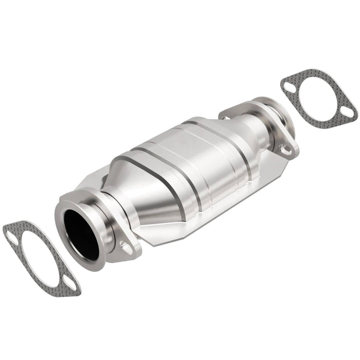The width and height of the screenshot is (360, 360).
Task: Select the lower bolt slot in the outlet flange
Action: coord(284,149)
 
